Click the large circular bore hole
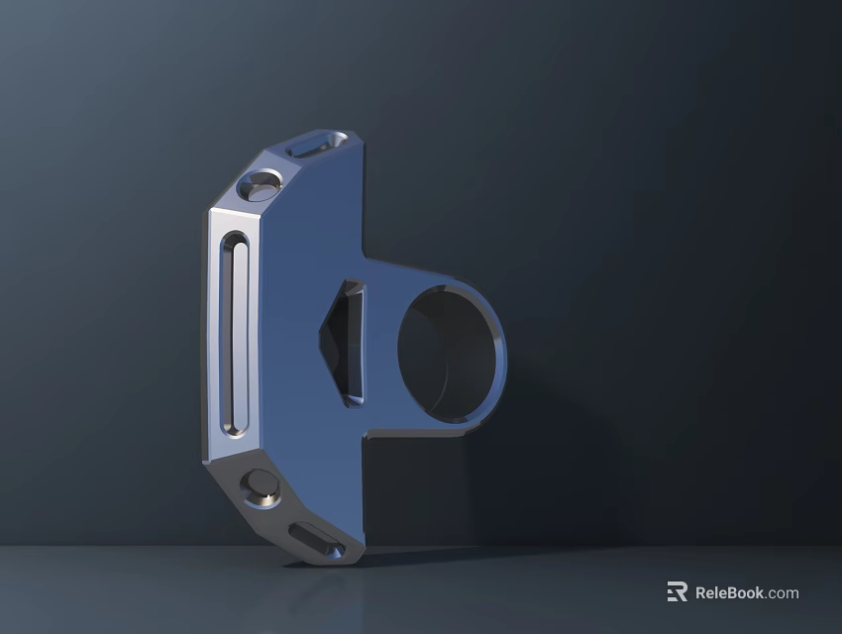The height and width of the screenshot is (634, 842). click(x=447, y=351)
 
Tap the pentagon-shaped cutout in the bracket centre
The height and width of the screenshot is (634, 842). click(x=343, y=342)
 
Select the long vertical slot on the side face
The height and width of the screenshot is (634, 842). click(x=236, y=335)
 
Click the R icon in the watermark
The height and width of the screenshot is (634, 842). click(x=677, y=592)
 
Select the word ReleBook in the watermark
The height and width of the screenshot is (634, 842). click(x=729, y=593)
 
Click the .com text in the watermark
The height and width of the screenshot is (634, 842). click(x=783, y=593)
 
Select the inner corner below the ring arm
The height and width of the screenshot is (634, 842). click(x=368, y=433)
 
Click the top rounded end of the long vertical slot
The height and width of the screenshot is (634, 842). click(x=236, y=241)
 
